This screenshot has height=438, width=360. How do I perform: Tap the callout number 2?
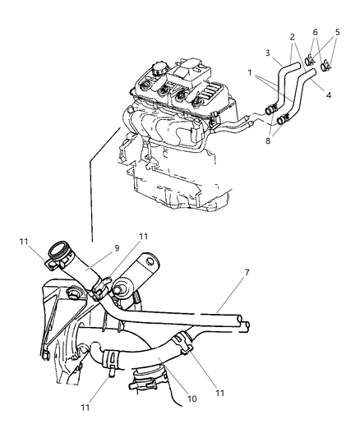click(x=292, y=36)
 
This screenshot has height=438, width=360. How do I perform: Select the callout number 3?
click(x=269, y=53)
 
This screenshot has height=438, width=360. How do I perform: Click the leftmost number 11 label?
click(x=25, y=242)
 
